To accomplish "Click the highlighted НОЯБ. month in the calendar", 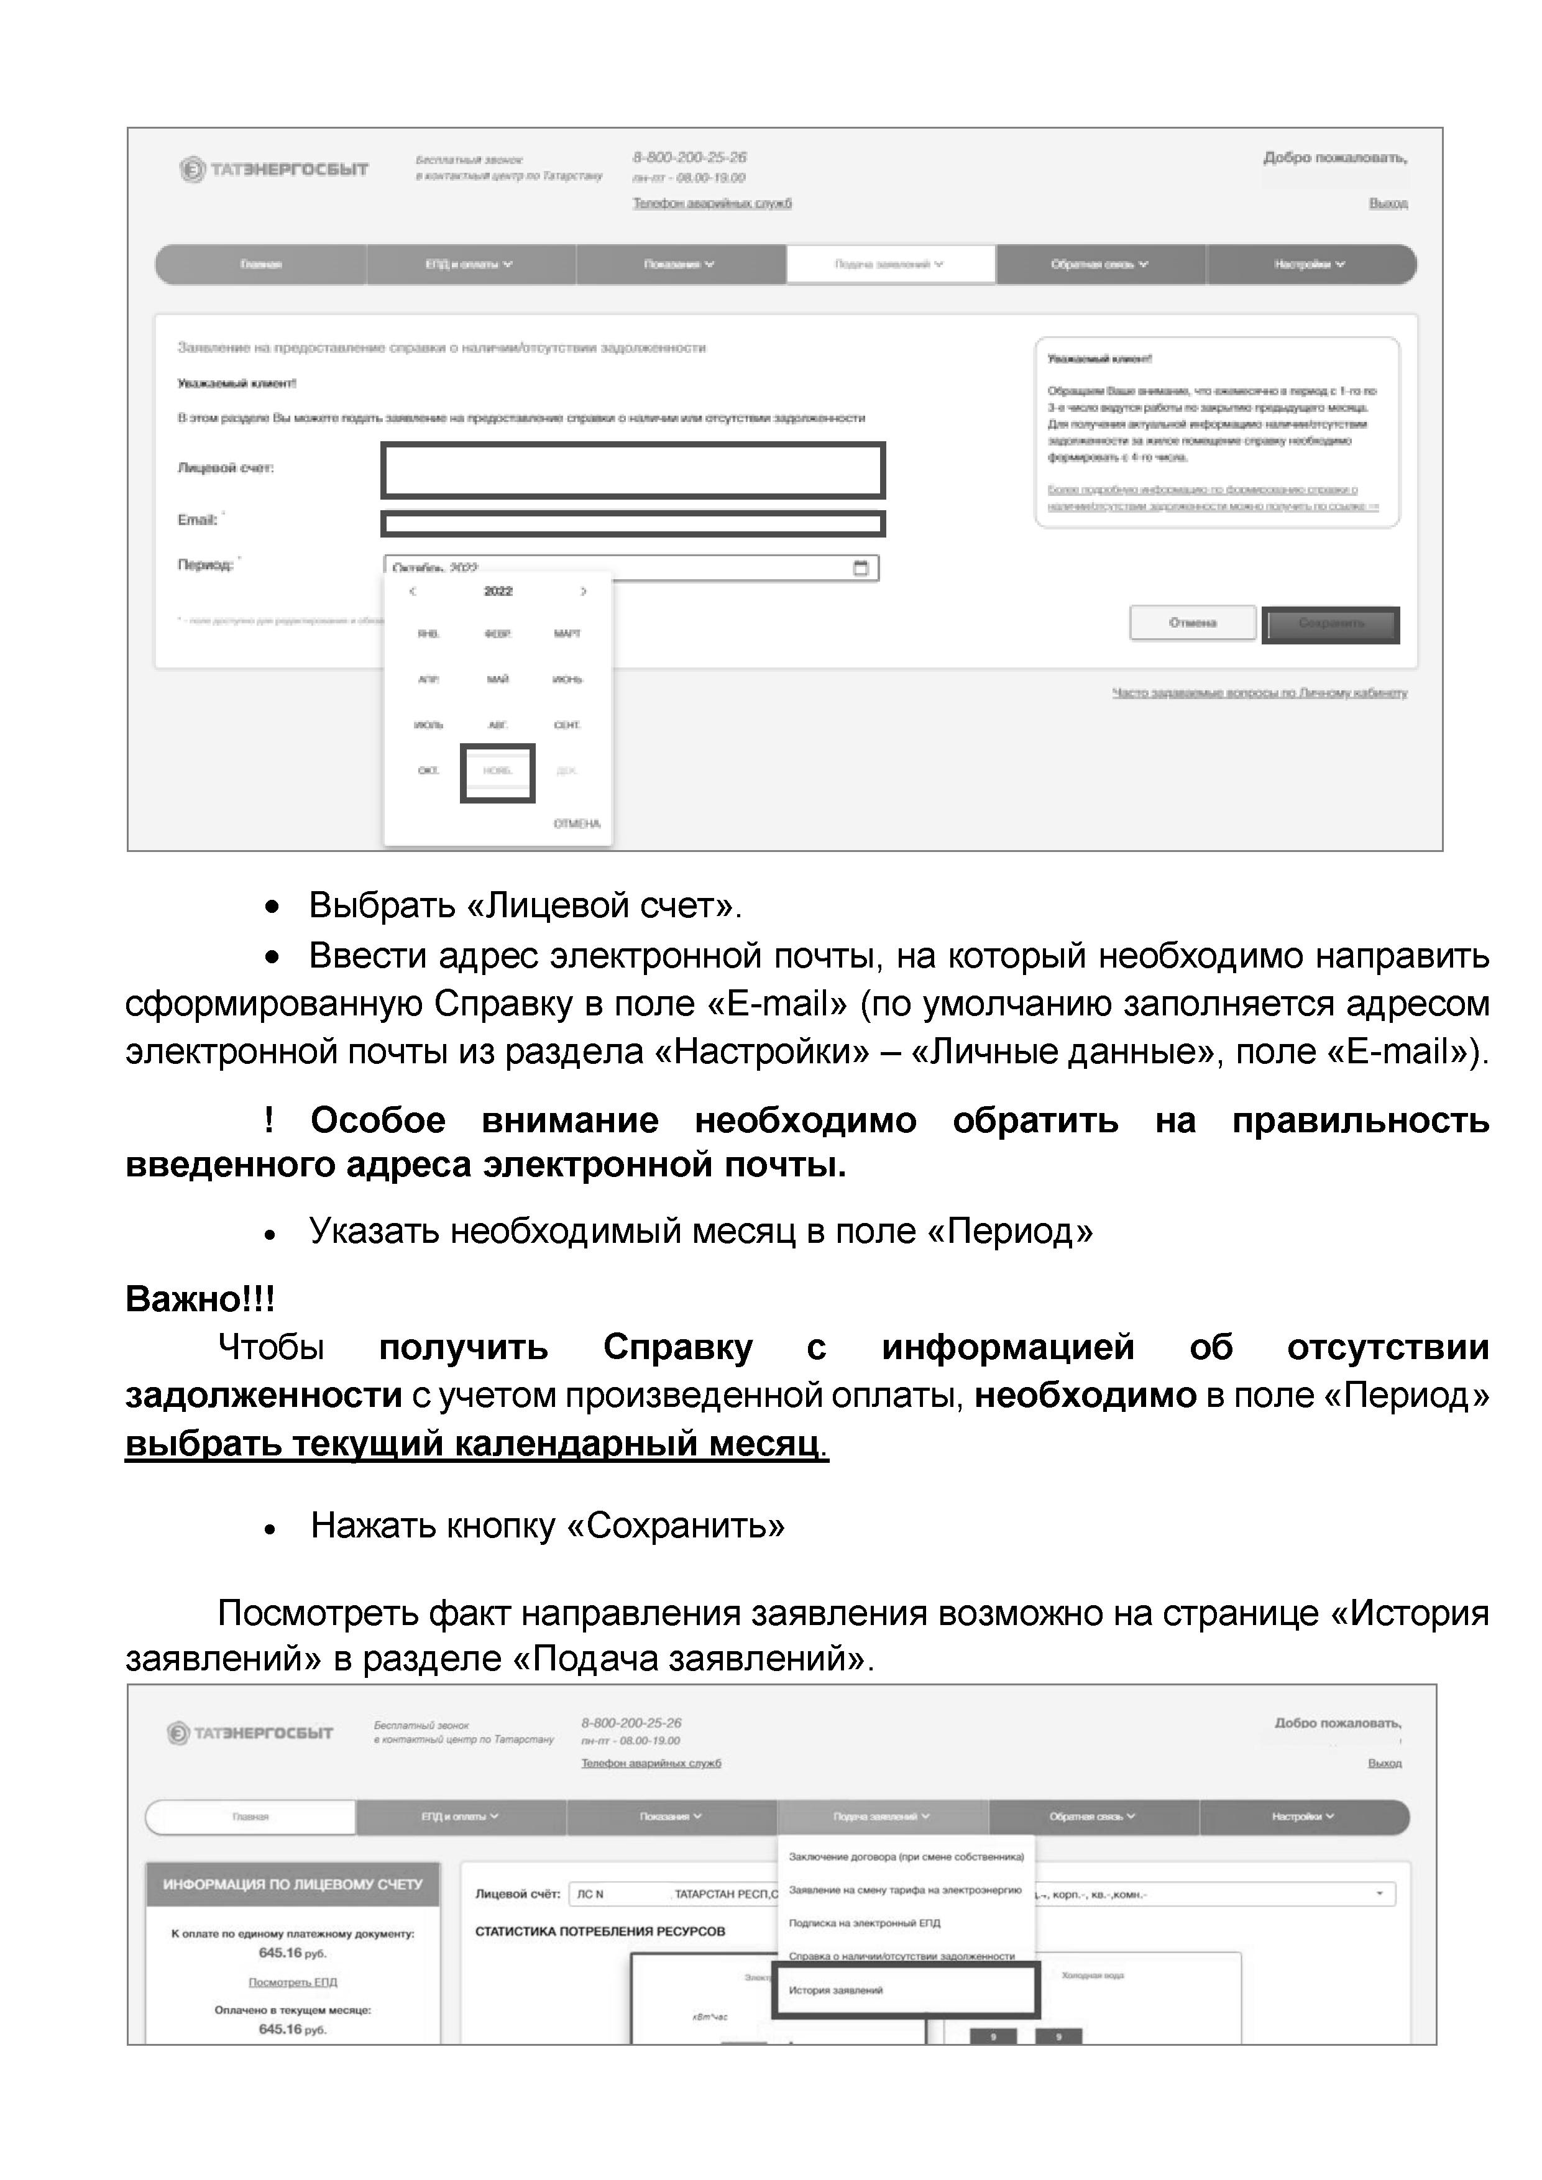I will (498, 771).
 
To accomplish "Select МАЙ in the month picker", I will (498, 679).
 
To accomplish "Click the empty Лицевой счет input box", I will (632, 470).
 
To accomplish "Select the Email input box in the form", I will (632, 523).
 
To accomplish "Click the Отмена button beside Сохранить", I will (1193, 623).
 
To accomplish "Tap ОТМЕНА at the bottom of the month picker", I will (576, 823).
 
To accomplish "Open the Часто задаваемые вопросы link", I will (1259, 693).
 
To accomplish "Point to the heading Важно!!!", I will (200, 1299).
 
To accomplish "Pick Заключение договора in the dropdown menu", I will (906, 1856).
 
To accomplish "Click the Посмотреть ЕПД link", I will (293, 1982).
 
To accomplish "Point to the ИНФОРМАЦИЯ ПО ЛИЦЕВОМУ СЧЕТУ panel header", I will (293, 1884).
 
